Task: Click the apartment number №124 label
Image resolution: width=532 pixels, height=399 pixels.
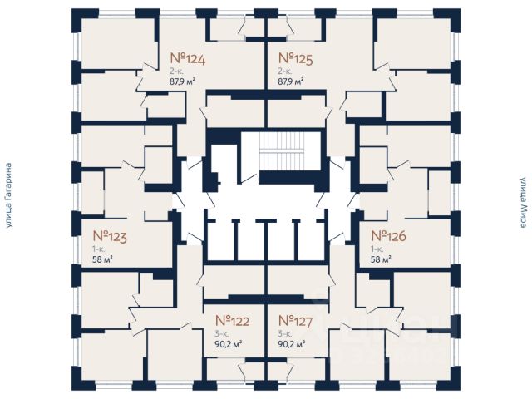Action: coord(187,58)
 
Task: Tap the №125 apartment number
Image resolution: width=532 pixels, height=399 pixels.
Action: coord(294,58)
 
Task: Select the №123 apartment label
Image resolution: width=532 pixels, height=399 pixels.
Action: coord(109,236)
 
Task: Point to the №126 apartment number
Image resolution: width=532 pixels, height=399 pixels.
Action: coord(388,236)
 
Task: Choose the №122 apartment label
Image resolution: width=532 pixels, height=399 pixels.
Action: coord(233,320)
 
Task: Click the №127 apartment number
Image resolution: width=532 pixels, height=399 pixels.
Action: coord(295,320)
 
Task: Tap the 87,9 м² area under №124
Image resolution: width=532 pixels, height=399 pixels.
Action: coord(183,81)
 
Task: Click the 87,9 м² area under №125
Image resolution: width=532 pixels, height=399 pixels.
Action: coord(290,81)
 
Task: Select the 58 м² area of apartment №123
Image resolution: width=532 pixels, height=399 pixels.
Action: coord(103,259)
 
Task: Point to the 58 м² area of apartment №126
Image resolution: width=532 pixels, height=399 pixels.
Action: coord(382,259)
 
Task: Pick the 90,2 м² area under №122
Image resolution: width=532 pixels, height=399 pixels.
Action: coord(229,342)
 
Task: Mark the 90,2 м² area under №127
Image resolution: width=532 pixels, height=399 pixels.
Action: coord(291,342)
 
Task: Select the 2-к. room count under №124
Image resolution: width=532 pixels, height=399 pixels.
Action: coord(177,71)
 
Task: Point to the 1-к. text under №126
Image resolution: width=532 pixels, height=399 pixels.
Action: coord(377,249)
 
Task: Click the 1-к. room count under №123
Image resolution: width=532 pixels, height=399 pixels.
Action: coord(98,249)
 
